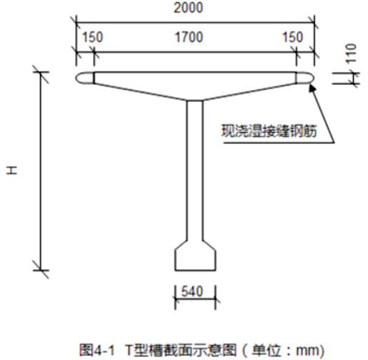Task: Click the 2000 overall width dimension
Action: [x=188, y=8]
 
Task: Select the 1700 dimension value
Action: [x=189, y=37]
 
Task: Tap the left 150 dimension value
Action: [x=92, y=37]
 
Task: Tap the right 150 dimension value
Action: [x=293, y=37]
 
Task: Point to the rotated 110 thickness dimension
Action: [x=352, y=54]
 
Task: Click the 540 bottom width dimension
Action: [x=192, y=291]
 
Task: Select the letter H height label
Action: [x=11, y=171]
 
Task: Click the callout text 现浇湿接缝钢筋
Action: [x=269, y=131]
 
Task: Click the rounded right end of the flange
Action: [x=305, y=78]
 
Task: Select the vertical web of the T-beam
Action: [x=195, y=171]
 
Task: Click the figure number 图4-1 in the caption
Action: [x=97, y=350]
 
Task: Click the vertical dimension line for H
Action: [x=41, y=171]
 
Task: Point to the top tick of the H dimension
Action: [x=41, y=71]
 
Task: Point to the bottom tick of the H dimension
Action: [x=41, y=270]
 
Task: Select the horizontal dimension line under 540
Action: [x=195, y=299]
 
